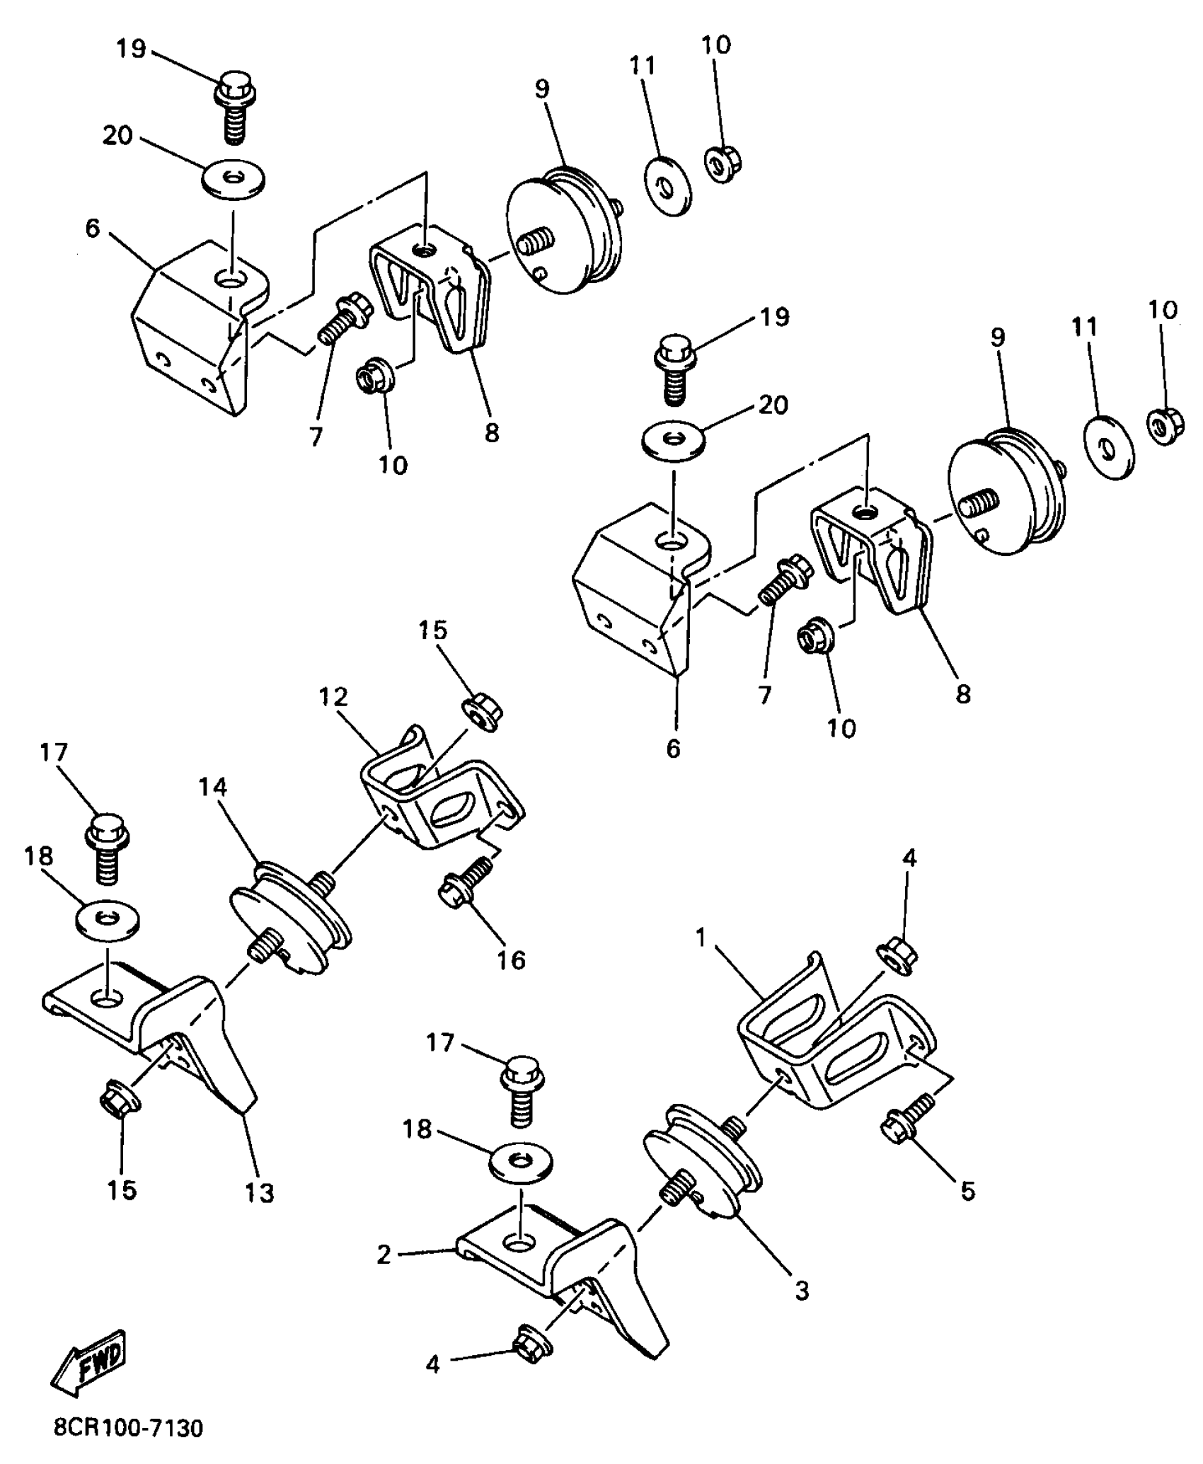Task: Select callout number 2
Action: point(384,1255)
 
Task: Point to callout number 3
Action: point(801,1291)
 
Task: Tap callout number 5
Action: point(967,1192)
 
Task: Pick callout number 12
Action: point(334,697)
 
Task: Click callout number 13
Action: point(260,1193)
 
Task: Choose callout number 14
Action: point(213,787)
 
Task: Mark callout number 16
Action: point(511,960)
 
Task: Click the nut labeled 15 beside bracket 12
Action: point(482,713)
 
